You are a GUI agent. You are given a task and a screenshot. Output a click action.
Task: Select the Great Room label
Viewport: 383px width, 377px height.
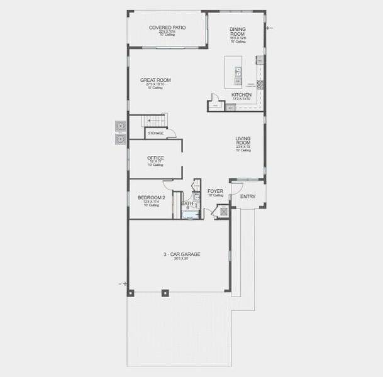155,80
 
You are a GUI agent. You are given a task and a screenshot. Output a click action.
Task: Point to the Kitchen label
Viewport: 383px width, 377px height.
241,95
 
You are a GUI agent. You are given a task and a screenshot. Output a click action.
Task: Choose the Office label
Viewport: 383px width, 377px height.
155,158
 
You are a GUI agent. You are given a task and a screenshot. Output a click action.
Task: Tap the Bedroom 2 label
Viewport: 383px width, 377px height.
152,197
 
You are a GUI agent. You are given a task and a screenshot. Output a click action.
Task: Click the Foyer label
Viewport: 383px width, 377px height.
216,191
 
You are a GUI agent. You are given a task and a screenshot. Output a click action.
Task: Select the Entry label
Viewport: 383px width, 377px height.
248,197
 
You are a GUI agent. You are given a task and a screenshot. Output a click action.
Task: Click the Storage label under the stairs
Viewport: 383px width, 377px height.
155,133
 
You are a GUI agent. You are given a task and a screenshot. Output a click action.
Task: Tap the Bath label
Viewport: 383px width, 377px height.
187,204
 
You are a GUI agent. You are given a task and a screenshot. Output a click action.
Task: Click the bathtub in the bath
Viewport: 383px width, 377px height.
190,215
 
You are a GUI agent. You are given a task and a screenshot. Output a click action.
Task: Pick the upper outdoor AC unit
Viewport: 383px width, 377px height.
120,126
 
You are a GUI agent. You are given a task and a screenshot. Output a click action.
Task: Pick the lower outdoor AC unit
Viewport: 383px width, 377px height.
120,138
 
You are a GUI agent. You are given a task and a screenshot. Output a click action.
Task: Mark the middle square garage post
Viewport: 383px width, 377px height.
165,292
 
